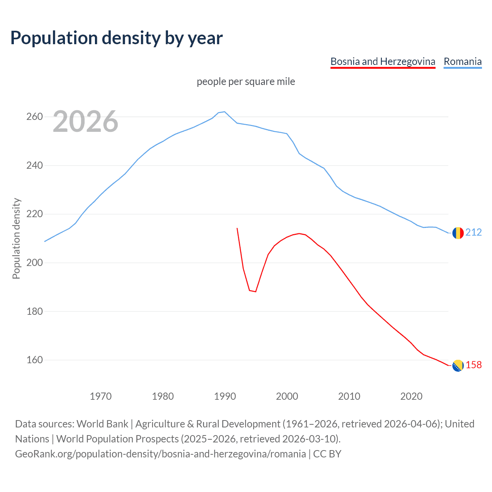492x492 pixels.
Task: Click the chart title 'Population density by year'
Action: pyautogui.click(x=116, y=38)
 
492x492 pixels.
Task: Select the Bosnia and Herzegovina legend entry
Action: pyautogui.click(x=383, y=61)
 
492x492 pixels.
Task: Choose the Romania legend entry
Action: pyautogui.click(x=462, y=61)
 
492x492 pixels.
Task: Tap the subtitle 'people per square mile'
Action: pyautogui.click(x=246, y=82)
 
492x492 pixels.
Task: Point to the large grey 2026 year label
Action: pyautogui.click(x=85, y=122)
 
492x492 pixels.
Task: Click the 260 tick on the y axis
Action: pyautogui.click(x=35, y=116)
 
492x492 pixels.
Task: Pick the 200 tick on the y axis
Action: pyautogui.click(x=35, y=263)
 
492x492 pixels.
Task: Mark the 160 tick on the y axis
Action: pyautogui.click(x=35, y=360)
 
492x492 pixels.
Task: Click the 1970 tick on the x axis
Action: pyautogui.click(x=101, y=396)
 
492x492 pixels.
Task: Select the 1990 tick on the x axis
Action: pyautogui.click(x=225, y=396)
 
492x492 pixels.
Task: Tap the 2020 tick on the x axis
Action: pyautogui.click(x=411, y=396)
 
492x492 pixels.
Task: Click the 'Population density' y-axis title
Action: pyautogui.click(x=16, y=238)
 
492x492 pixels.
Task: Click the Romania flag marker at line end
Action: pyautogui.click(x=458, y=233)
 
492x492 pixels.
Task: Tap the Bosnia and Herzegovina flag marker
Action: pyautogui.click(x=458, y=366)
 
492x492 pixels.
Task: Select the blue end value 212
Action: pyautogui.click(x=474, y=233)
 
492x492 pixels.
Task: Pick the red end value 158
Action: pyautogui.click(x=474, y=365)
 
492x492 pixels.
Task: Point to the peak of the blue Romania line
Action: pyautogui.click(x=224, y=112)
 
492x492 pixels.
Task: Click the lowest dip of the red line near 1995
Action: pyautogui.click(x=255, y=292)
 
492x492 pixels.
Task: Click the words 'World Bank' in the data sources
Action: pyautogui.click(x=102, y=424)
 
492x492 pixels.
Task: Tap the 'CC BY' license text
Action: pyautogui.click(x=327, y=454)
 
